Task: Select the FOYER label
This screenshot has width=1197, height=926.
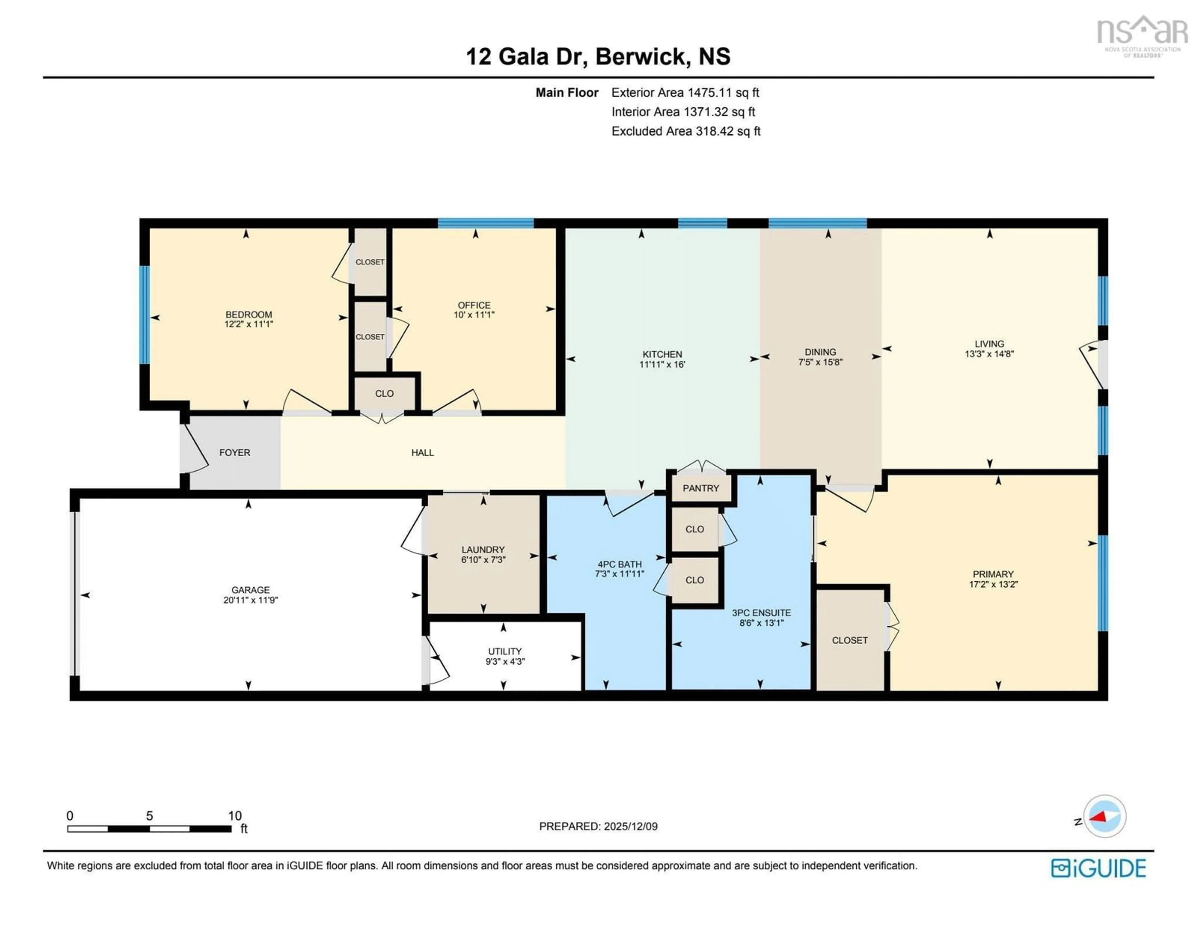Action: click(235, 452)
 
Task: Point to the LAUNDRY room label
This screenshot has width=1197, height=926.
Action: click(483, 549)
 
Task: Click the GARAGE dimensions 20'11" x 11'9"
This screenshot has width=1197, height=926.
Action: click(251, 600)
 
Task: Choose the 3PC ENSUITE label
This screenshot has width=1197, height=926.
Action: click(761, 613)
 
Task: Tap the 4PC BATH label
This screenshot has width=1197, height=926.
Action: click(619, 564)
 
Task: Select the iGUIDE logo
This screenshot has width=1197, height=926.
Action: click(1098, 868)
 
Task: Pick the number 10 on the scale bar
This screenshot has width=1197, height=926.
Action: click(235, 815)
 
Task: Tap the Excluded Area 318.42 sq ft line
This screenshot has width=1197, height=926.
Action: click(686, 131)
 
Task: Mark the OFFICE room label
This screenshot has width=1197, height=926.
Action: click(474, 305)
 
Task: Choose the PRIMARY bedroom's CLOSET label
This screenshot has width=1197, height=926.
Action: click(849, 640)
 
